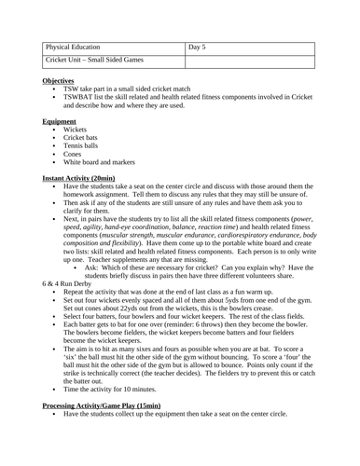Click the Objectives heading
click(62, 82)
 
